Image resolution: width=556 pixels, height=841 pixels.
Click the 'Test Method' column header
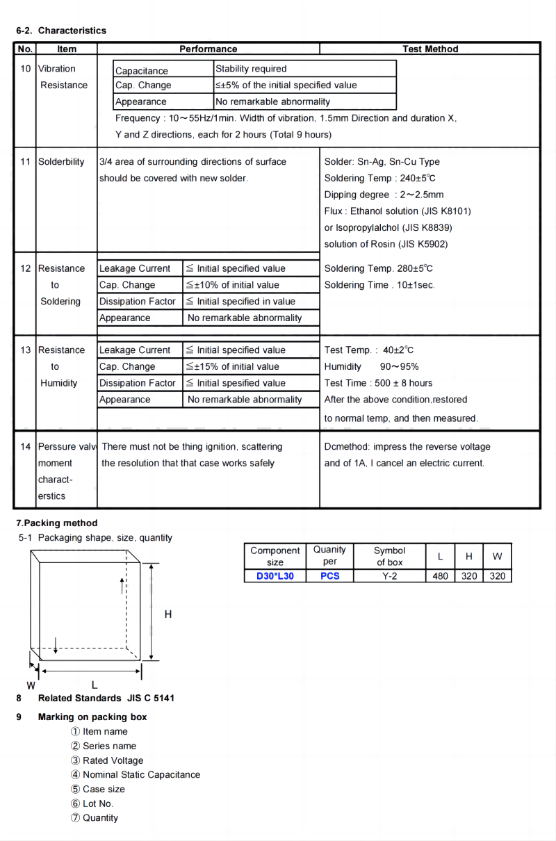coord(430,49)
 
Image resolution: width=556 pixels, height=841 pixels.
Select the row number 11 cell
coord(25,162)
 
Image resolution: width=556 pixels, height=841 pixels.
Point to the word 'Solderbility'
coord(61,162)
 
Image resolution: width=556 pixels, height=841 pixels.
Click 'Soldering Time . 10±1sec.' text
coord(379,285)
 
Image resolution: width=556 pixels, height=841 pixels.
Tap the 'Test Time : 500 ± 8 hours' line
coord(378,383)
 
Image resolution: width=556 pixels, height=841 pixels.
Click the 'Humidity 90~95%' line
coord(371,367)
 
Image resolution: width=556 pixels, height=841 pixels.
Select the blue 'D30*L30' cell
coord(275,576)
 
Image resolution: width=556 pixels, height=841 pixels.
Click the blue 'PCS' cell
coord(330,576)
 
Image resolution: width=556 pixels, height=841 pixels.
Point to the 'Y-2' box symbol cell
coord(389,576)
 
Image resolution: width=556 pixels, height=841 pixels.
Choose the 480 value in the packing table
coord(440,576)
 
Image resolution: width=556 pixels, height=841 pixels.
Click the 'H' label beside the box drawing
coord(168,614)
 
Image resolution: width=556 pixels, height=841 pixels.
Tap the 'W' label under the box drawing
coord(31,685)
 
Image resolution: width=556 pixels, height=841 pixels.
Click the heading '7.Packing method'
coord(57,523)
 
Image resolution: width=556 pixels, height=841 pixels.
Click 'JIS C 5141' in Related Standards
coord(151,698)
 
